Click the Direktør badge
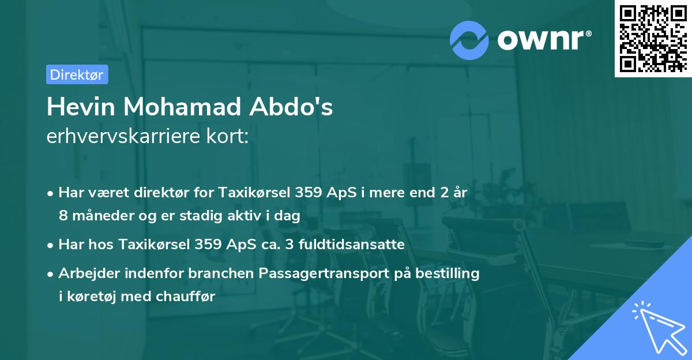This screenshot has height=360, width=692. pyautogui.click(x=77, y=74)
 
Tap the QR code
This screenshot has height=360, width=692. pyautogui.click(x=653, y=39)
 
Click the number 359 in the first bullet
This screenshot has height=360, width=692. pyautogui.click(x=279, y=193)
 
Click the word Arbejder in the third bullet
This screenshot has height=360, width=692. pyautogui.click(x=88, y=273)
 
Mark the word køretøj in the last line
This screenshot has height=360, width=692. pyautogui.click(x=91, y=297)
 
